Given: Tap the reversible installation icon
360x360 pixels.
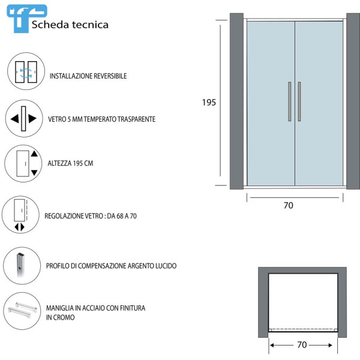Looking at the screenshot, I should click(26, 71).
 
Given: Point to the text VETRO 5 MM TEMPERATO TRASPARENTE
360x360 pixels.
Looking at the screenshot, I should click(101, 119).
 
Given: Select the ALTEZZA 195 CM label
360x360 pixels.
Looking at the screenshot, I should click(70, 163).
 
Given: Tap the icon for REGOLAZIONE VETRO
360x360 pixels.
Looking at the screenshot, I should click(22, 214).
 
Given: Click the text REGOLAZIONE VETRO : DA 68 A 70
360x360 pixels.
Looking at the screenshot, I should click(91, 216).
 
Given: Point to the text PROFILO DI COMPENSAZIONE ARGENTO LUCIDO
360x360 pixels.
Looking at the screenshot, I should click(111, 266).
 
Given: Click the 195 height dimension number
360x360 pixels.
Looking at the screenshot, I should click(209, 103).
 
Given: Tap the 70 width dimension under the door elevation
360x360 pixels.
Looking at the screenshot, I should click(288, 205).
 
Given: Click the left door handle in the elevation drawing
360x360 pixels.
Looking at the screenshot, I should click(289, 101).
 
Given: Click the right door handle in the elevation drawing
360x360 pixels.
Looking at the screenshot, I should click(299, 101).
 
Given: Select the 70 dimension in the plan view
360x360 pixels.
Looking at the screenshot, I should click(302, 345).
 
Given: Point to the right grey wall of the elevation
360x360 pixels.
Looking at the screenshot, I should click(353, 101).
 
